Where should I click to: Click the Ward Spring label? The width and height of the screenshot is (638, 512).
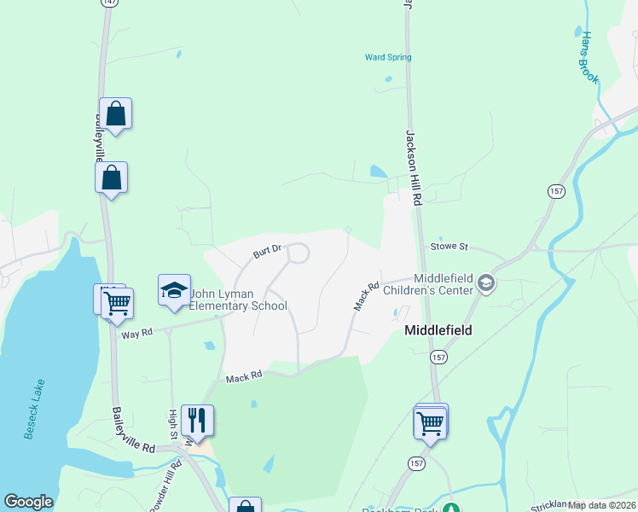pyautogui.click(x=388, y=57)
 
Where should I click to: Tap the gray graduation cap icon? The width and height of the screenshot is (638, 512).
pyautogui.click(x=486, y=282)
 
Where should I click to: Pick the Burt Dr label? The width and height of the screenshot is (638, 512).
pyautogui.click(x=268, y=253)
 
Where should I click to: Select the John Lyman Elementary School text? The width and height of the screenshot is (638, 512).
pyautogui.click(x=238, y=300)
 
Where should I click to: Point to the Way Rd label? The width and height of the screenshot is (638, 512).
pyautogui.click(x=136, y=334)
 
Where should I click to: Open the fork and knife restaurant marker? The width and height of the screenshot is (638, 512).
pyautogui.click(x=197, y=420)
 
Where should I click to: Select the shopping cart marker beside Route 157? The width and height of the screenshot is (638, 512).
pyautogui.click(x=430, y=422)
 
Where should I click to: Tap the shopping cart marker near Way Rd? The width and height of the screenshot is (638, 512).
pyautogui.click(x=117, y=303)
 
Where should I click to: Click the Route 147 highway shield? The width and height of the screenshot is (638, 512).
pyautogui.click(x=107, y=3)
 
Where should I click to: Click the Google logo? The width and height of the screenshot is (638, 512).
pyautogui.click(x=28, y=502)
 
